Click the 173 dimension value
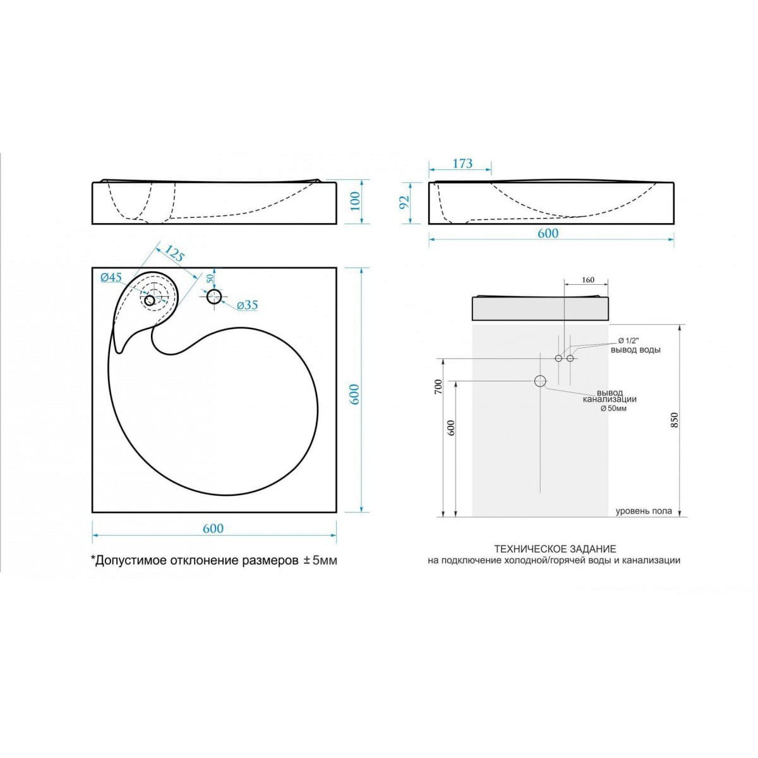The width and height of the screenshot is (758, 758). coord(462,163)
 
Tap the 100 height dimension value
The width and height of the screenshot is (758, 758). coord(355,201)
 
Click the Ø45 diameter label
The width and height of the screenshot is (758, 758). coord(111,277)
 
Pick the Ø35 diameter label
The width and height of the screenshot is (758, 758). coord(248,304)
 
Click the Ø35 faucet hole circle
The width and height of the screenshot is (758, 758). coord(214,297)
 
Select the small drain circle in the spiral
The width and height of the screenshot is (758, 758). coord(150,301)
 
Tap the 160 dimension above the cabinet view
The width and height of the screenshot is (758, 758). coord(587,280)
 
